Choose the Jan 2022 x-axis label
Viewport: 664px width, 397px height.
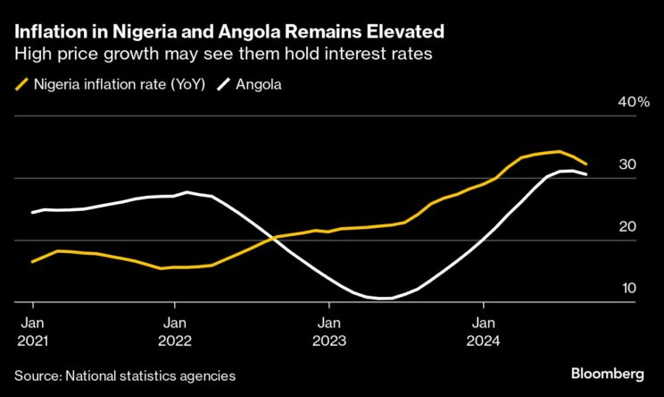[176, 330]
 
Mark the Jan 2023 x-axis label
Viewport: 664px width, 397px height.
[329, 330]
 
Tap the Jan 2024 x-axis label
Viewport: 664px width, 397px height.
[485, 330]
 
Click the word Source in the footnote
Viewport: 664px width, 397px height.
[36, 376]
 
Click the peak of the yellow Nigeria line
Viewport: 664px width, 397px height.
[559, 151]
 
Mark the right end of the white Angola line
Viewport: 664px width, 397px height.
[586, 174]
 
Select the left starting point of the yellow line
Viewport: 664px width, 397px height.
[32, 262]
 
